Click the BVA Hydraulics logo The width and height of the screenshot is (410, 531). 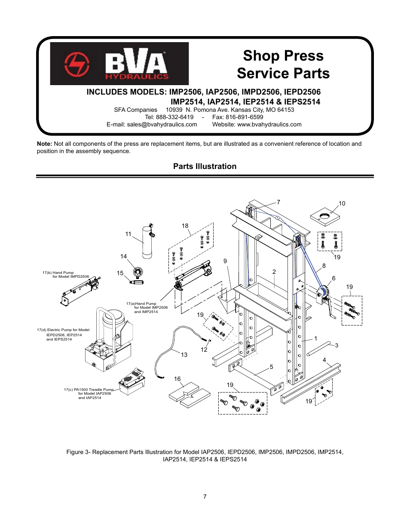(x=119, y=64)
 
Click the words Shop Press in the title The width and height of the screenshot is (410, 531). (x=283, y=55)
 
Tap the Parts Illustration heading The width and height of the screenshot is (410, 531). (x=205, y=166)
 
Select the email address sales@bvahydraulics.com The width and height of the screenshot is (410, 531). (x=162, y=124)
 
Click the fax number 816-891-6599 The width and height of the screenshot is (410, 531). (x=244, y=117)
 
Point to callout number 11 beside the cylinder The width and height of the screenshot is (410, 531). (x=128, y=234)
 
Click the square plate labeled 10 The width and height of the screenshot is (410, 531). (x=325, y=217)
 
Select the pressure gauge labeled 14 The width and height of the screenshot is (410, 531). (x=138, y=272)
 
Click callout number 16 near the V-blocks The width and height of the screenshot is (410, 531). (x=177, y=379)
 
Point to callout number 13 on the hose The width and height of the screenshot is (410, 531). (x=184, y=355)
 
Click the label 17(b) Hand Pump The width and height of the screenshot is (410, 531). (x=58, y=273)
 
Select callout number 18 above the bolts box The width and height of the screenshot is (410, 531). (x=185, y=226)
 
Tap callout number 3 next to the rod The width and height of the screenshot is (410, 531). (x=337, y=345)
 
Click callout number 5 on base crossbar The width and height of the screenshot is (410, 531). (x=271, y=367)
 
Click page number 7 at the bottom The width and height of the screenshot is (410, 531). (x=205, y=497)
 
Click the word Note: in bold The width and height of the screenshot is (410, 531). (x=44, y=144)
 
